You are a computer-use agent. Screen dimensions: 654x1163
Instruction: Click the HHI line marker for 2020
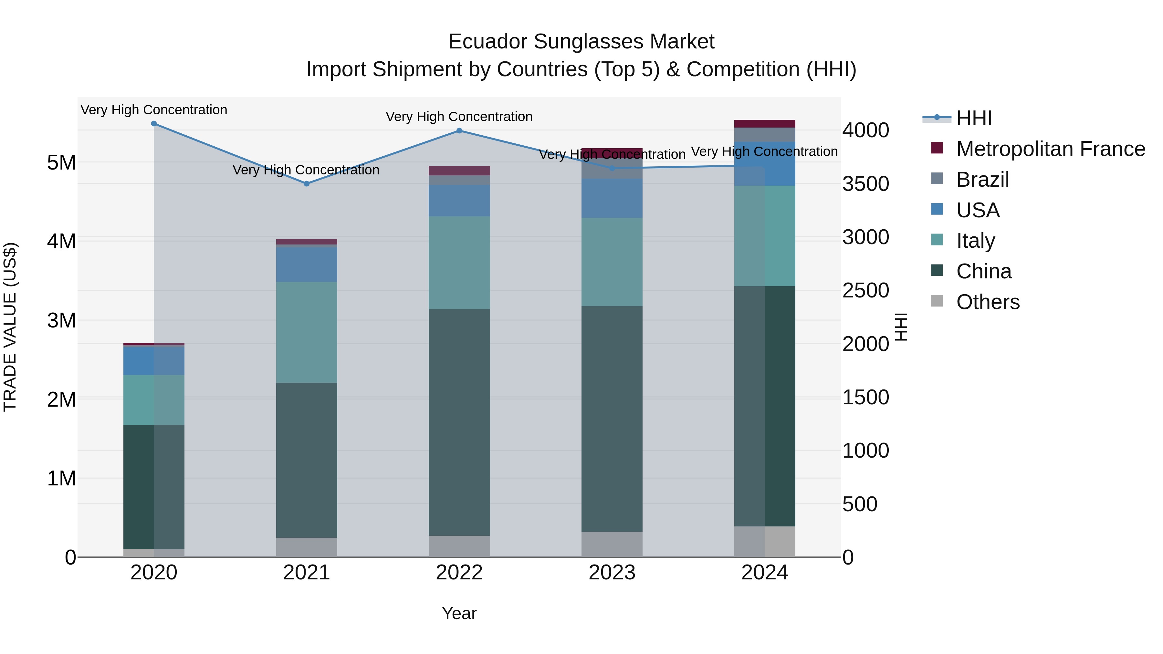click(154, 124)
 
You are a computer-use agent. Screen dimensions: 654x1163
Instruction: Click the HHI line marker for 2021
click(307, 184)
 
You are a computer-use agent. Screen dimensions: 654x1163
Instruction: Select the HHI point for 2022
click(459, 131)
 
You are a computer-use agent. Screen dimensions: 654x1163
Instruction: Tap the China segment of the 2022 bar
click(459, 422)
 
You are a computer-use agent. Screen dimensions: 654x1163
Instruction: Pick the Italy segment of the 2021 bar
click(307, 332)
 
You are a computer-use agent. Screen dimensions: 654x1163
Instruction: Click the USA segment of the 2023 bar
click(612, 198)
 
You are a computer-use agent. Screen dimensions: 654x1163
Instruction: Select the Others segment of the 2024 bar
click(764, 541)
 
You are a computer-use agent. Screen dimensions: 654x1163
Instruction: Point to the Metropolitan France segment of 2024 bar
click(764, 124)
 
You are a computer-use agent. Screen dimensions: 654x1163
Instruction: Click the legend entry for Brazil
click(982, 180)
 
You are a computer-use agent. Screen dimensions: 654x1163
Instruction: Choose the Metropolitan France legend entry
click(1050, 149)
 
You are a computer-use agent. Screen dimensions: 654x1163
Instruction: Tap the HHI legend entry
click(974, 118)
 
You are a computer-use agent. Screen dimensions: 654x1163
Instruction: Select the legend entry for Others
click(987, 302)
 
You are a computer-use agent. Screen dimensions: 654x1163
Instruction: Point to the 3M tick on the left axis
click(61, 320)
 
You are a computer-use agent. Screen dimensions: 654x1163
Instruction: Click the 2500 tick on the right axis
click(865, 290)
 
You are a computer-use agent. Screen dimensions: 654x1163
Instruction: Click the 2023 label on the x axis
click(612, 573)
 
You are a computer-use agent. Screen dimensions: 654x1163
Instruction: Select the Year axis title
click(459, 613)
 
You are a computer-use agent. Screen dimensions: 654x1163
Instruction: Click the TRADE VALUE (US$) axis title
click(10, 327)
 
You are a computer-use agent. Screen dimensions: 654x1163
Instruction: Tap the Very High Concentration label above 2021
click(306, 170)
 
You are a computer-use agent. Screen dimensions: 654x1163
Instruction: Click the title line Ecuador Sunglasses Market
click(581, 42)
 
